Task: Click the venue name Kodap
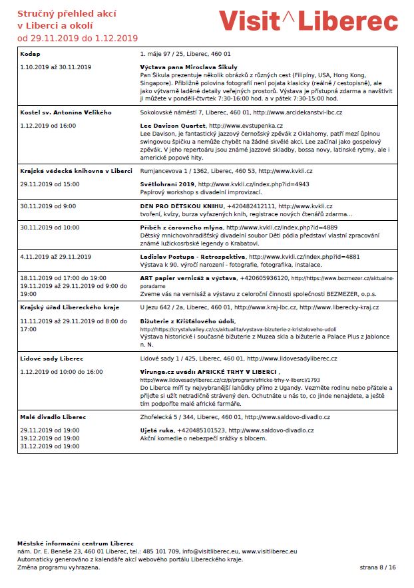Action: pos(30,52)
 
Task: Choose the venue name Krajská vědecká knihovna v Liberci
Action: pos(76,171)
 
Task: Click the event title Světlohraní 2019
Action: pos(168,184)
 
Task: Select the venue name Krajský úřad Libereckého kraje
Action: pos(69,307)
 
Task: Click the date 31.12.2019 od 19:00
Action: pos(50,446)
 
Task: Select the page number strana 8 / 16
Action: pos(377,567)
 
